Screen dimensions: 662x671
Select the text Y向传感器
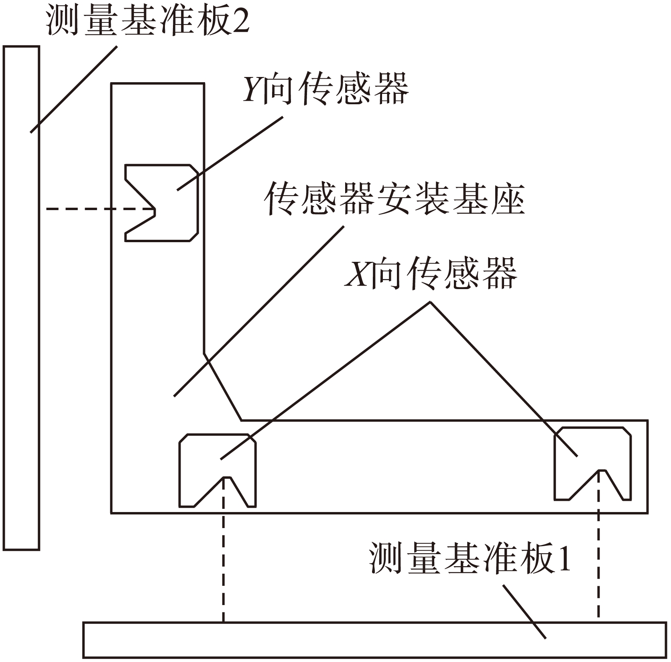[x=325, y=89]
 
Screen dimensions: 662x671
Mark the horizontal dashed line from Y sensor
[x=96, y=209]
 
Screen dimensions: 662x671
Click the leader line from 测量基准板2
[x=74, y=89]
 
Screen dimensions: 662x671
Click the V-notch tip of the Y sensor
[x=155, y=209]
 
